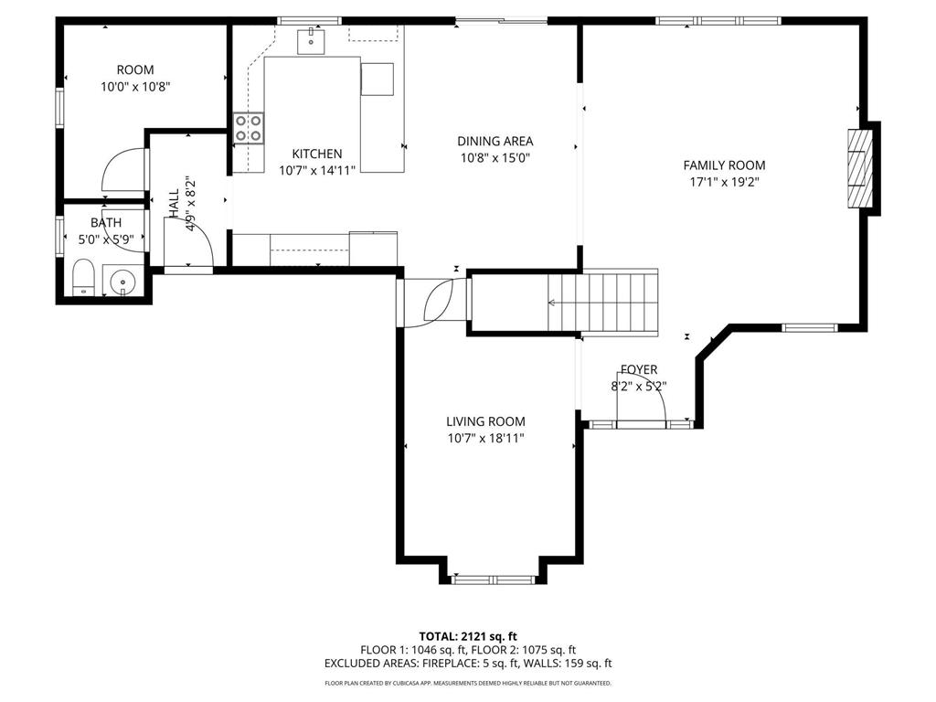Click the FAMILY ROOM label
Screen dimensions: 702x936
724,165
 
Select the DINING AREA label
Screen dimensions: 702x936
495,141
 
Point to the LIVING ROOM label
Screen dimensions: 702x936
485,421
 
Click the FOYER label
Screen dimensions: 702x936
638,369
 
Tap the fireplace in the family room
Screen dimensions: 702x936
859,168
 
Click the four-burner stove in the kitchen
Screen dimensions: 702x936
248,128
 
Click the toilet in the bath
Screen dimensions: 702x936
83,278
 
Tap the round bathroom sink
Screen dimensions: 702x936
122,283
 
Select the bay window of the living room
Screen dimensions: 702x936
494,578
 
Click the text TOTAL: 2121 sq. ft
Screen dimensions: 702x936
468,636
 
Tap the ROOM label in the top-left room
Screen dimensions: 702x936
135,69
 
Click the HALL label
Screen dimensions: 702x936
174,203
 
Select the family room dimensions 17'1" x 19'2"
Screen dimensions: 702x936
724,182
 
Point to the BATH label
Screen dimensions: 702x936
105,223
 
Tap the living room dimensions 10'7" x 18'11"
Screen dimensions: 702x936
485,438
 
